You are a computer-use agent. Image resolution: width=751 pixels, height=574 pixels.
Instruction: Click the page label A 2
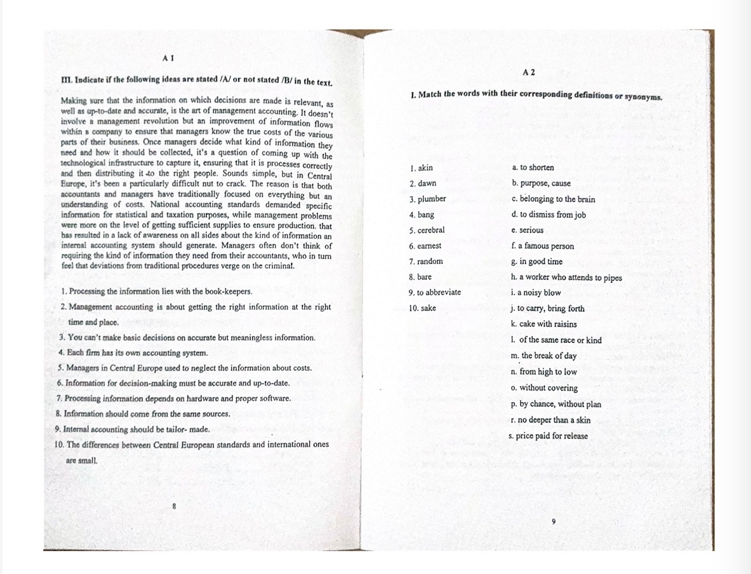pyautogui.click(x=529, y=72)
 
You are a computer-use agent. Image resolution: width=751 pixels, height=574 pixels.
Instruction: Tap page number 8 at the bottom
pyautogui.click(x=174, y=506)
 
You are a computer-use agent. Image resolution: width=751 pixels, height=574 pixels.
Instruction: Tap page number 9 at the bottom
pyautogui.click(x=554, y=521)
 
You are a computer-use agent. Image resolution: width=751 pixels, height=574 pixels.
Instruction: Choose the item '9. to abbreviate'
pyautogui.click(x=435, y=293)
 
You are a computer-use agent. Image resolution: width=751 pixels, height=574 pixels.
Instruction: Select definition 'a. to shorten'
pyautogui.click(x=533, y=168)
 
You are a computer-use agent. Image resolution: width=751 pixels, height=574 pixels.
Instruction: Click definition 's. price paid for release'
pyautogui.click(x=548, y=436)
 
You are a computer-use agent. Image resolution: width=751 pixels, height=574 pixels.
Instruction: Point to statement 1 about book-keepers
pyautogui.click(x=157, y=292)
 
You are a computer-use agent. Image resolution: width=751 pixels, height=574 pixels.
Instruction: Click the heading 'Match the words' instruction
pyautogui.click(x=536, y=95)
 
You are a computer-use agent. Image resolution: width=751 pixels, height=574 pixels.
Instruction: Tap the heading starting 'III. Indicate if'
pyautogui.click(x=196, y=81)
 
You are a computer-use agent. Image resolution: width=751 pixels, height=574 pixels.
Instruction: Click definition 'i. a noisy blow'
pyautogui.click(x=536, y=293)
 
